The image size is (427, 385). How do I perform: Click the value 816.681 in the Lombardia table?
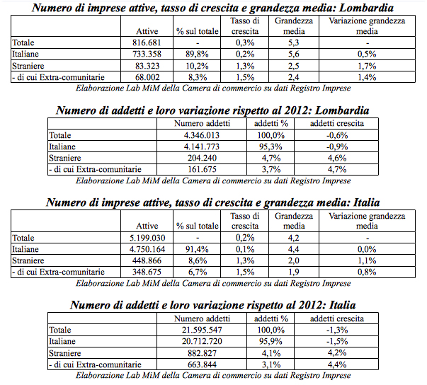pyautogui.click(x=149, y=42)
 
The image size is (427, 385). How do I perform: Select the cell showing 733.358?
pyautogui.click(x=149, y=54)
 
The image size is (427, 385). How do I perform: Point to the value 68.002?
pyautogui.click(x=149, y=76)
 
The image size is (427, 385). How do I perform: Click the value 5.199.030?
pyautogui.click(x=145, y=238)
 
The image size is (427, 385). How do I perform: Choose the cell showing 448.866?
pyautogui.click(x=145, y=260)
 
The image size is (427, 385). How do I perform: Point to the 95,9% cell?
pyautogui.click(x=270, y=341)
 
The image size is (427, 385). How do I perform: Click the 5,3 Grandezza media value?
pyautogui.click(x=288, y=42)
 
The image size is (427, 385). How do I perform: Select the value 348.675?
pyautogui.click(x=145, y=272)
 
